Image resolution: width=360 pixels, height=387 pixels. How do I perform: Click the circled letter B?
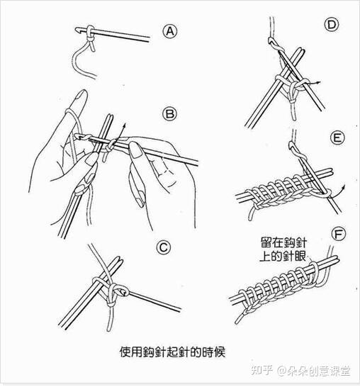coord(169,113)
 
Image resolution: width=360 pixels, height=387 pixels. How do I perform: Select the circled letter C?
coord(164,247)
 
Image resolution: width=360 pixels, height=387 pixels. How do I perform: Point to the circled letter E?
coord(337,138)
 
